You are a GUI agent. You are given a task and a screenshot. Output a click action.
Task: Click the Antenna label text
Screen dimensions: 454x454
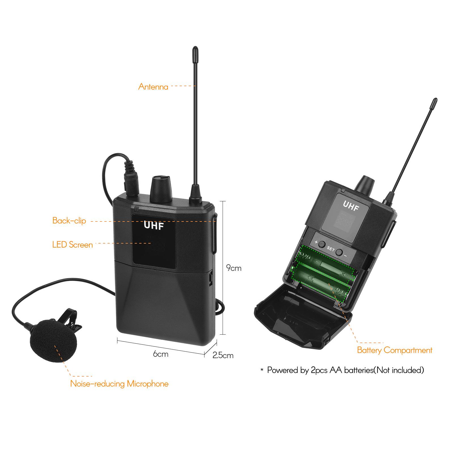point(153,86)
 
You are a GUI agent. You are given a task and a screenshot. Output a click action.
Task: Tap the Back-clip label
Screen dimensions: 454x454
point(69,221)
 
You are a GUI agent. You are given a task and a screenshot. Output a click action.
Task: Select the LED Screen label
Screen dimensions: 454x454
point(73,245)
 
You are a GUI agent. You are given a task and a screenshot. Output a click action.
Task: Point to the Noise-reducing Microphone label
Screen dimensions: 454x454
point(119,384)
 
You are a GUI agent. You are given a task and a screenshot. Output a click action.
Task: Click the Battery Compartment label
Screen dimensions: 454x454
point(394,350)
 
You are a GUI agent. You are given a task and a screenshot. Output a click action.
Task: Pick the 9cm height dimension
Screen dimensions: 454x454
point(234,268)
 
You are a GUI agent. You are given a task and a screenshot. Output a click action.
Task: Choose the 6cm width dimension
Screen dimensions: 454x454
point(161,354)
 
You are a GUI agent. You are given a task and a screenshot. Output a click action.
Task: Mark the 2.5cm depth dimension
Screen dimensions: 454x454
point(223,355)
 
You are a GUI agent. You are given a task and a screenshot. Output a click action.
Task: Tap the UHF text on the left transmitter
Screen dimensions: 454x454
point(154,225)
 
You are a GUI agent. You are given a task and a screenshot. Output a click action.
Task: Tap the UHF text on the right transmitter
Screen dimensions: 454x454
point(351,206)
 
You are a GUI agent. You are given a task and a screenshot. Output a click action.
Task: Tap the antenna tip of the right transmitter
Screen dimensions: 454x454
point(434,103)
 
